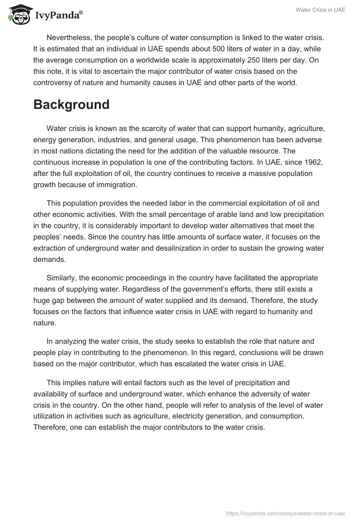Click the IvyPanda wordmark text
pyautogui.click(x=58, y=16)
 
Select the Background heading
pyautogui.click(x=72, y=104)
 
